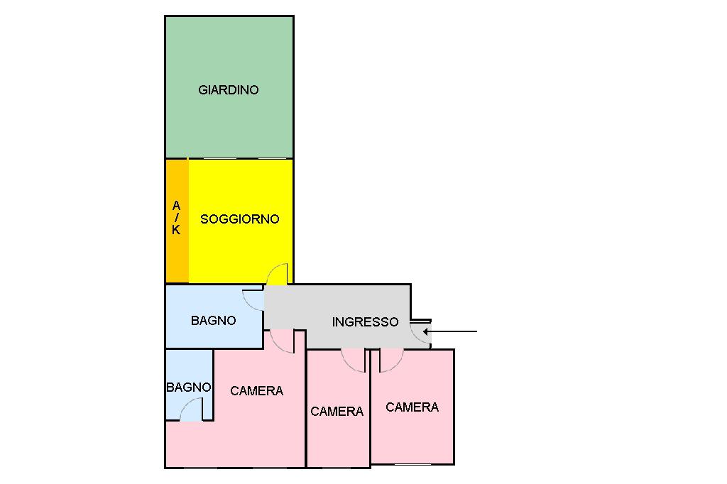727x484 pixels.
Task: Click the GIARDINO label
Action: click(x=229, y=90)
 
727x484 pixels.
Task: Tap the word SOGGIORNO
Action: click(x=240, y=219)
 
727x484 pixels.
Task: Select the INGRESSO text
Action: click(x=365, y=322)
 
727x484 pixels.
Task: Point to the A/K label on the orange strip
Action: click(x=176, y=218)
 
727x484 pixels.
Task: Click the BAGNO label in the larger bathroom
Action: click(x=213, y=321)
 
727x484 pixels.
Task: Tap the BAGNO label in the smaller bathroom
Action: click(x=188, y=387)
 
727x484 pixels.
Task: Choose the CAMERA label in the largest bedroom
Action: click(x=256, y=391)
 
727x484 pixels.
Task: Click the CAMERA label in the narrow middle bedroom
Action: click(x=337, y=412)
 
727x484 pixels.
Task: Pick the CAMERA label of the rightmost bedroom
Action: click(x=412, y=407)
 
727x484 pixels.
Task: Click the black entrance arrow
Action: click(x=454, y=331)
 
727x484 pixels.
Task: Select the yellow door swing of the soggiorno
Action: click(x=278, y=275)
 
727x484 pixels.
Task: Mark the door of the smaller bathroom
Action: click(x=191, y=410)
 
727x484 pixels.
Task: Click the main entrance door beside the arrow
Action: click(x=420, y=333)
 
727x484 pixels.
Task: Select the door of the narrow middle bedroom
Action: click(x=354, y=360)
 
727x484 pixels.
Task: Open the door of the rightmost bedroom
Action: click(x=390, y=360)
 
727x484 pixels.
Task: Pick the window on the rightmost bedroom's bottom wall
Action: click(x=412, y=464)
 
